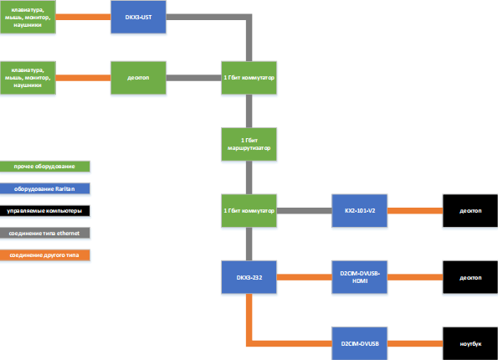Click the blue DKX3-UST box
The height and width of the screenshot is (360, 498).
click(139, 18)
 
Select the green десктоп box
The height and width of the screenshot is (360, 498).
click(139, 78)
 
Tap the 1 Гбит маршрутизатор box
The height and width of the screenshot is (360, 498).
click(249, 143)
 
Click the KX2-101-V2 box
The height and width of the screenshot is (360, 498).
click(360, 210)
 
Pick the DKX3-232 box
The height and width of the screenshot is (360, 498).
click(249, 277)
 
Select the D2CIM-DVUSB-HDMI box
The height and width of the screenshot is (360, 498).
click(360, 277)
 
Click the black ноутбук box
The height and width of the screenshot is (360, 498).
click(470, 343)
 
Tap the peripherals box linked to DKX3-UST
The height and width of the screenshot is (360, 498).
click(28, 18)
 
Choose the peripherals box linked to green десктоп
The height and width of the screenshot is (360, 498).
click(28, 78)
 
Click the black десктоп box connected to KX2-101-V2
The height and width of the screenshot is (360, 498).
click(470, 210)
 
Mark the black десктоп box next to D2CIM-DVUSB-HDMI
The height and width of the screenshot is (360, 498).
click(470, 277)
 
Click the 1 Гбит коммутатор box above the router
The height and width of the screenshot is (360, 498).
click(249, 78)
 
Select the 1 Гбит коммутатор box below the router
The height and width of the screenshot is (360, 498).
click(249, 210)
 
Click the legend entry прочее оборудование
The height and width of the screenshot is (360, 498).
click(45, 167)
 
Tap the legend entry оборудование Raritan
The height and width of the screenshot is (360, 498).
click(45, 188)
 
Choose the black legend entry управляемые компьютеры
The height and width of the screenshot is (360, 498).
click(45, 210)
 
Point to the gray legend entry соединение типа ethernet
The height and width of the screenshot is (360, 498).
click(45, 232)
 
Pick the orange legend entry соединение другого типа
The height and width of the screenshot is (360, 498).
click(45, 254)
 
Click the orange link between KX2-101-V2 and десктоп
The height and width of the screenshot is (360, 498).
click(415, 210)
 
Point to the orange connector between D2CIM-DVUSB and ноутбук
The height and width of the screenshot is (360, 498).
click(415, 343)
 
